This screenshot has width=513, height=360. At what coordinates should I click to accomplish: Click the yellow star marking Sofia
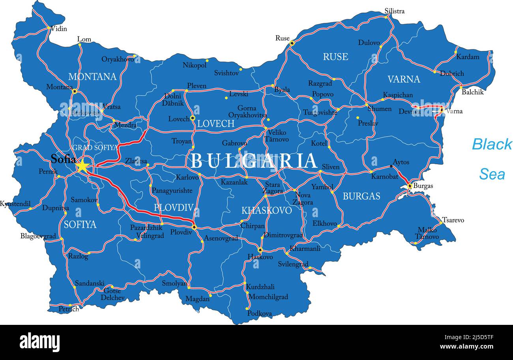(x=82, y=167)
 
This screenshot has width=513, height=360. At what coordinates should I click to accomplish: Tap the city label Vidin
(x=59, y=29)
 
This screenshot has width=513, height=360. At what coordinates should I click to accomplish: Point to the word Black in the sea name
(x=492, y=144)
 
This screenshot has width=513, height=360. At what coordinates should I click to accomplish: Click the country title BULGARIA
(x=254, y=161)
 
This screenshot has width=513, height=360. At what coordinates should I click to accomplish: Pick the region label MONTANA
(x=92, y=77)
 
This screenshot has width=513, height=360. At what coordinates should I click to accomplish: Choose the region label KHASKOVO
(x=267, y=210)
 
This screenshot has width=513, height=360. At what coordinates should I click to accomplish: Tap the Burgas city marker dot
(x=410, y=186)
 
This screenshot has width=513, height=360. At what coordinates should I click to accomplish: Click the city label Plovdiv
(x=181, y=232)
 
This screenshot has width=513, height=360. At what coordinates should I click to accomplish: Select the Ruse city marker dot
(x=292, y=43)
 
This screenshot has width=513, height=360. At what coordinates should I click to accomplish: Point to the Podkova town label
(x=259, y=313)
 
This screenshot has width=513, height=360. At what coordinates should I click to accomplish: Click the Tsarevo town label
(x=453, y=220)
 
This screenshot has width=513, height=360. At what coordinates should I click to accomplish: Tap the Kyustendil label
(x=15, y=204)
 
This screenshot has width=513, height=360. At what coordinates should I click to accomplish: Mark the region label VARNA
(x=404, y=79)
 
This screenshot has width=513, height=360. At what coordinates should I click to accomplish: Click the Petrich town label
(x=69, y=309)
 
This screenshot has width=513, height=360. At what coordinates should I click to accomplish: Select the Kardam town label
(x=468, y=57)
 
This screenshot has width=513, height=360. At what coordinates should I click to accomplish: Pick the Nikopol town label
(x=195, y=65)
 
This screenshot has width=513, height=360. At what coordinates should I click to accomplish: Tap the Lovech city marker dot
(x=193, y=118)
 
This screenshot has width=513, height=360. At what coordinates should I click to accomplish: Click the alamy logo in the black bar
(x=39, y=342)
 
